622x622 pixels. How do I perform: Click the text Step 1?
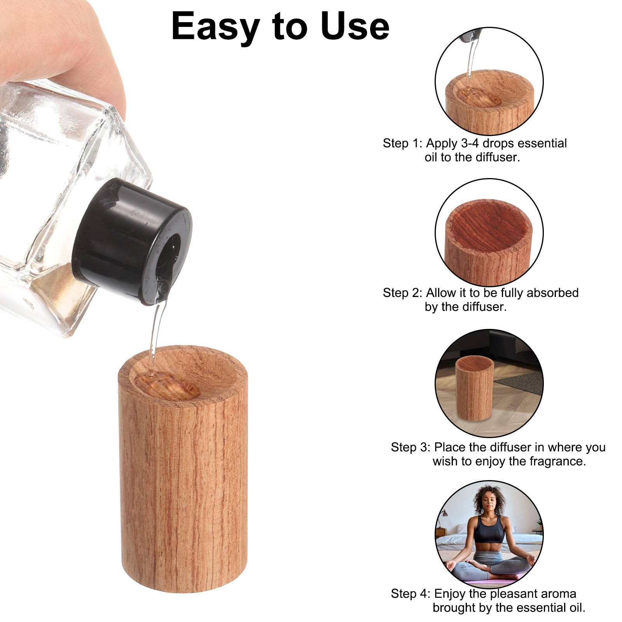tap(402, 143)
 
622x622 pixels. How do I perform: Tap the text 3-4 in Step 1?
tap(470, 143)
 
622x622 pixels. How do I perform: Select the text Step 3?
tap(410, 447)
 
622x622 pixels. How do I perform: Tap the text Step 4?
tap(410, 594)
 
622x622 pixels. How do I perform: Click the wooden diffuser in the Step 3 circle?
tap(474, 389)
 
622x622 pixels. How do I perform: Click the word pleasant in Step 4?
tap(512, 594)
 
